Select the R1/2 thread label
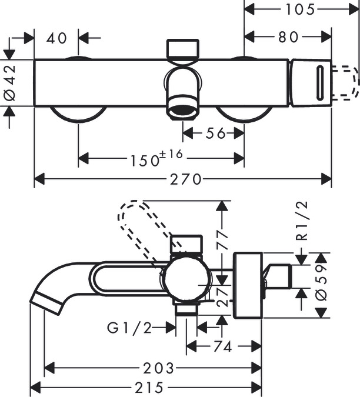coord(302,221)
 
